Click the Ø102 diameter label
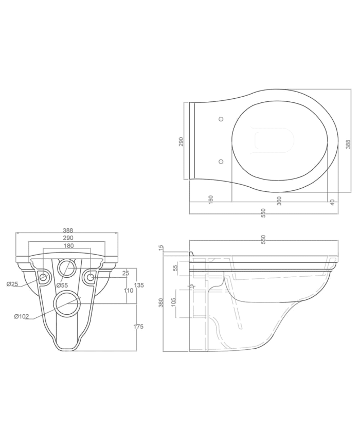(x=22, y=316)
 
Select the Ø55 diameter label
(x=62, y=285)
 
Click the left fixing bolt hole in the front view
(x=43, y=278)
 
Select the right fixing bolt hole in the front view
(x=91, y=278)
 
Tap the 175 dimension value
(x=139, y=327)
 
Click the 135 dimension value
(x=139, y=284)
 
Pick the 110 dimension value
(x=128, y=291)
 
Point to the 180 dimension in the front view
(x=68, y=245)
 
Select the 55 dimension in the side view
(x=175, y=268)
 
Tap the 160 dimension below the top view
(x=211, y=199)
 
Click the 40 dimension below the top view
(x=333, y=202)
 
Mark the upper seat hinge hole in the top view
(x=221, y=119)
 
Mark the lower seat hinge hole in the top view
(x=221, y=162)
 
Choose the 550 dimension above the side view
(x=264, y=238)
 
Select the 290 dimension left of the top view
(x=181, y=141)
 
